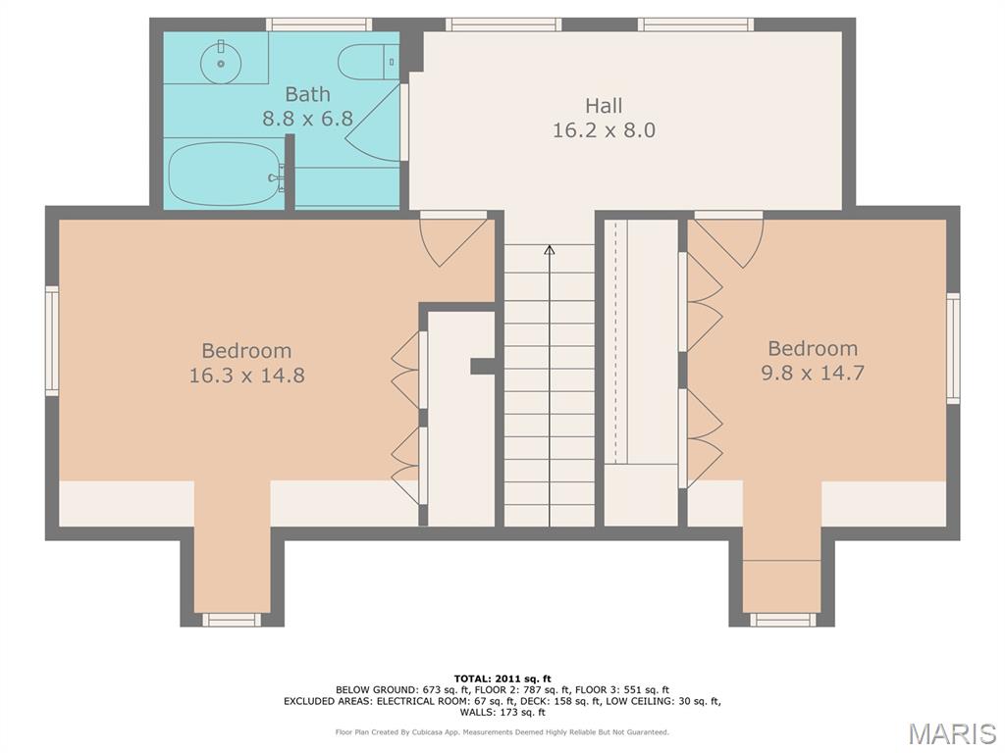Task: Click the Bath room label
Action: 307,94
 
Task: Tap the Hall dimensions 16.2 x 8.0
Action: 604,130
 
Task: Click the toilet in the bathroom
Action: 369,62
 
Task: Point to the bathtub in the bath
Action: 225,174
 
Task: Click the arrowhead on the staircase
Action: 550,250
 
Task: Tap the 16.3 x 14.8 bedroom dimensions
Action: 246,375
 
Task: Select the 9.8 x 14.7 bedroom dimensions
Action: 813,372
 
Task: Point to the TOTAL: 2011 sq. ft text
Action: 502,678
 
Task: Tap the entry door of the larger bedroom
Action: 454,240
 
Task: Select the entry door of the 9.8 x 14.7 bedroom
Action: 728,240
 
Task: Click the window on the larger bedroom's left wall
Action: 52,340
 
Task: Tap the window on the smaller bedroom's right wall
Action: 953,348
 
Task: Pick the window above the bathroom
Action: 319,25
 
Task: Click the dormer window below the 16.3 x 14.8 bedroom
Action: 232,620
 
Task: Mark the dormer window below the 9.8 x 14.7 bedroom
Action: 783,620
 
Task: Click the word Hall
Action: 604,106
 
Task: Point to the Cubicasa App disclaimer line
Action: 502,731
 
